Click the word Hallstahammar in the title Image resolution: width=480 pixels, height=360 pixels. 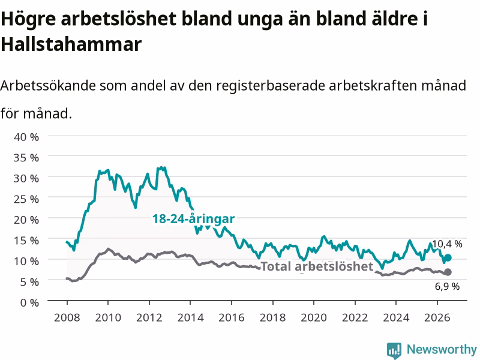click(x=71, y=44)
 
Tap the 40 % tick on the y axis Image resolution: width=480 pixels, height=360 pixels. click(x=26, y=137)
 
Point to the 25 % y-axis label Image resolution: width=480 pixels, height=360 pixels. click(x=26, y=199)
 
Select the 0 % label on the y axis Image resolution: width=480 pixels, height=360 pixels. click(x=29, y=302)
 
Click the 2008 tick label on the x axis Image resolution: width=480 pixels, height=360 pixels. click(x=67, y=317)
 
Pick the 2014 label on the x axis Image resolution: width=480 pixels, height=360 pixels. click(x=190, y=317)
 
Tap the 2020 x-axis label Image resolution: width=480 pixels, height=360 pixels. click(x=314, y=317)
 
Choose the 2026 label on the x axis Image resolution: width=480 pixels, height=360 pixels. click(x=437, y=317)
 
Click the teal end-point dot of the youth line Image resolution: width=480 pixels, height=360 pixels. click(x=448, y=258)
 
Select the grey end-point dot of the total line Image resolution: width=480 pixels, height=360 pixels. click(x=448, y=272)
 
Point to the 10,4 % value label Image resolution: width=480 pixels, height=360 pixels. click(x=447, y=244)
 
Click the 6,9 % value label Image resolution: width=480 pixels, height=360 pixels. click(x=447, y=287)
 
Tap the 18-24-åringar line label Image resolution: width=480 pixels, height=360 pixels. click(x=193, y=219)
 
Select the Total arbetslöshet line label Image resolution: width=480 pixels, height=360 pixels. click(x=317, y=266)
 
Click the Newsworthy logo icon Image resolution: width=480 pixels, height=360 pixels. click(x=394, y=350)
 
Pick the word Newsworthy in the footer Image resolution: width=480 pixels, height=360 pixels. click(x=442, y=349)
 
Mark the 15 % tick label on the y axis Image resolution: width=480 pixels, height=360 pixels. click(x=26, y=241)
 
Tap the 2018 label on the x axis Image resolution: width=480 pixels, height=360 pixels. click(x=273, y=317)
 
